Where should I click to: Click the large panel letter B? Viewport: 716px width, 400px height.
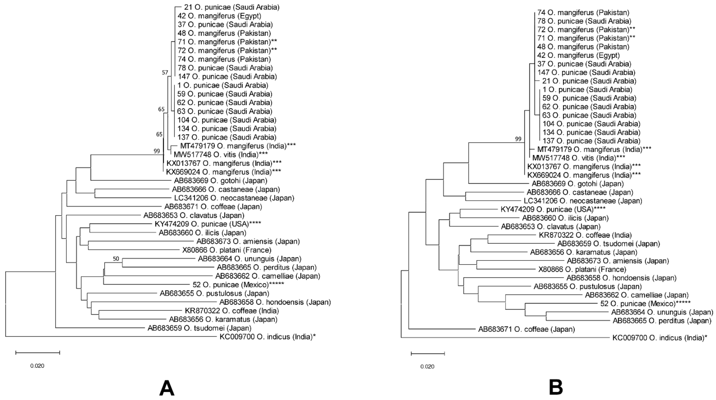click(x=556, y=387)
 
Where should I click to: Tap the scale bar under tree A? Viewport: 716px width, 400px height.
click(x=38, y=353)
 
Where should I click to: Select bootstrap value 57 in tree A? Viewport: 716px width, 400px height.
click(x=165, y=73)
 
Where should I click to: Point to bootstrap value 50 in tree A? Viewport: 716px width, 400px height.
click(x=116, y=259)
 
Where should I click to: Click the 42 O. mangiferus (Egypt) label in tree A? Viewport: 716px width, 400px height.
click(x=219, y=16)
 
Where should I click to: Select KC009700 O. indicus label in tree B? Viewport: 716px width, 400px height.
click(x=660, y=338)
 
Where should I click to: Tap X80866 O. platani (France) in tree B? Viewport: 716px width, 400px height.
click(x=582, y=269)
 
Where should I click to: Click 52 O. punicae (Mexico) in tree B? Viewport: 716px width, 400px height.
click(x=645, y=304)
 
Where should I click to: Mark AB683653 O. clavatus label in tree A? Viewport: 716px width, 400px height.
click(x=194, y=215)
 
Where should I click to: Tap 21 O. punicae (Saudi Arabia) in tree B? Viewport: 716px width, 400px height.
click(x=589, y=81)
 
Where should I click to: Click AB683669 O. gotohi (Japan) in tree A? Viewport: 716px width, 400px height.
click(x=220, y=181)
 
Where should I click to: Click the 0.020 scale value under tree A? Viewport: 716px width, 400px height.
click(x=37, y=366)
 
